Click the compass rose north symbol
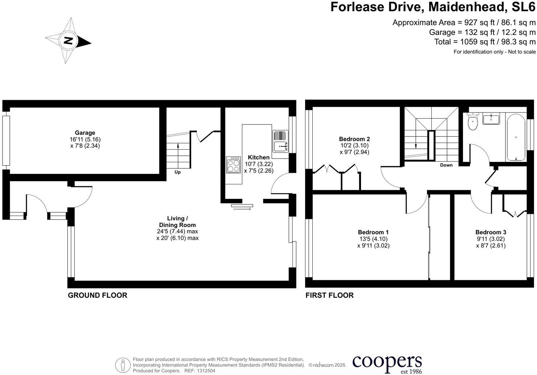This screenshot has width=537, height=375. coord(68,41)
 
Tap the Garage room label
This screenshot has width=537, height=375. coord(85,133)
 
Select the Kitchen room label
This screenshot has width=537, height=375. coord(258,157)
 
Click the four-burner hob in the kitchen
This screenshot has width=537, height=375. coord(233,166)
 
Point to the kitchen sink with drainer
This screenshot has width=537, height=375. coord(280,141)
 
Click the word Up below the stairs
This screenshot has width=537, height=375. coord(177,172)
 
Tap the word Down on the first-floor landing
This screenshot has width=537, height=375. coord(446,165)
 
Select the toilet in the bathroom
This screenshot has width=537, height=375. coord(473,122)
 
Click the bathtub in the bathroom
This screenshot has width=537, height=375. coord(516,137)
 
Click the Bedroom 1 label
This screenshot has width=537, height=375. coord(373,232)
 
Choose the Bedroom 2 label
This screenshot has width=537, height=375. coord(354,139)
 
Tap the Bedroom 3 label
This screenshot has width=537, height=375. coord(491,232)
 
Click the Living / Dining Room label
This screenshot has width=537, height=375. coord(177,221)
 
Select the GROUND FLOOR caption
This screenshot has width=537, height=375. coord(98,295)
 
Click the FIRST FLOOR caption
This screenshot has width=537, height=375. coord(329,295)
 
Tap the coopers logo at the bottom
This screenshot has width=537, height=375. coord(387,363)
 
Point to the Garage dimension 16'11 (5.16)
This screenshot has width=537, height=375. coord(85,139)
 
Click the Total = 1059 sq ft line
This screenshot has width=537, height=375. coord(485,42)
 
